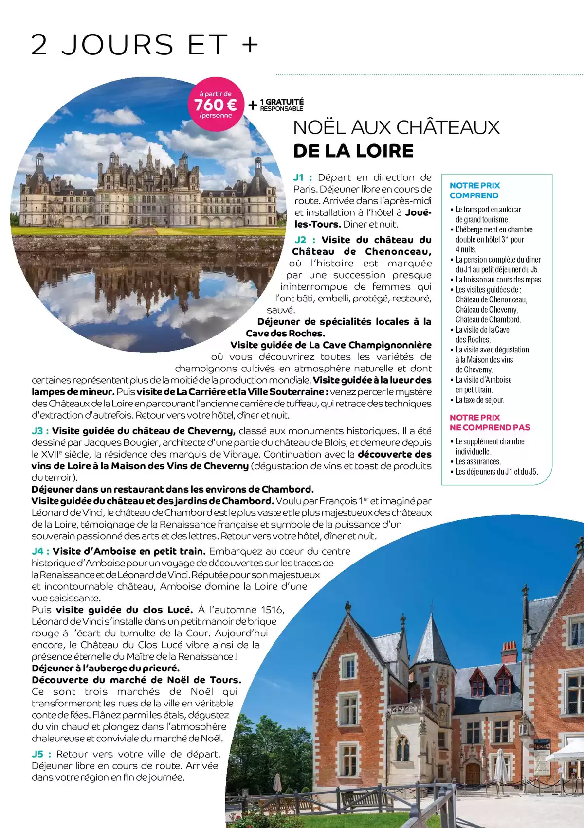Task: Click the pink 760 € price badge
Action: point(216,105)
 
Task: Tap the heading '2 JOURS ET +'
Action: point(145,45)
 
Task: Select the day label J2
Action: point(301,240)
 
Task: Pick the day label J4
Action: point(38,551)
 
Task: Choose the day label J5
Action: point(38,754)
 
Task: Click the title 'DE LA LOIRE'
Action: point(353,151)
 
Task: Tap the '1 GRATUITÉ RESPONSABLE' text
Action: point(281,105)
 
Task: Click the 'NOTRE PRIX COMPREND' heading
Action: point(474,191)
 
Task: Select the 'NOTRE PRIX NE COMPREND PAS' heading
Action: point(490,423)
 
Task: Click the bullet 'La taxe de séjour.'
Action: point(480,400)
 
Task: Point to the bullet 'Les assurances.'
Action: point(478,461)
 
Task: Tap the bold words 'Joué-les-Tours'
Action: point(362,218)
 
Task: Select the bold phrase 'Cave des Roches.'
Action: point(285,334)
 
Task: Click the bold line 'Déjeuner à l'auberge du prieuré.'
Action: point(106,668)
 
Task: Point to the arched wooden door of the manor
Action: point(473,773)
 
